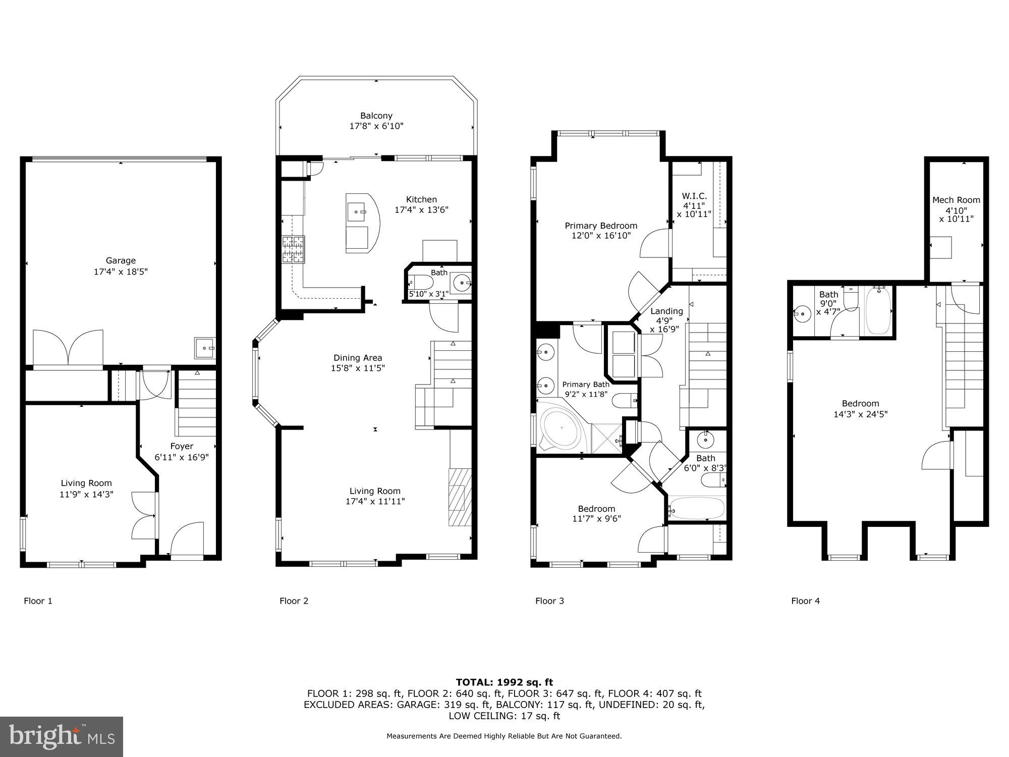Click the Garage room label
click(x=121, y=261)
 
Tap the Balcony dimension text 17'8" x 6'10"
click(x=376, y=126)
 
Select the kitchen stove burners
click(x=294, y=249)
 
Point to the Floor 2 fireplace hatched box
click(x=460, y=497)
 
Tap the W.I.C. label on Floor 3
click(x=694, y=196)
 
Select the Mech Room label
click(x=956, y=200)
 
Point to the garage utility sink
click(x=205, y=348)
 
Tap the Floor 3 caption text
click(x=549, y=601)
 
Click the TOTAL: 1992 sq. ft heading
click(x=504, y=682)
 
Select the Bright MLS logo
click(x=61, y=737)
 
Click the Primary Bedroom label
click(x=601, y=226)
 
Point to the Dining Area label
click(x=358, y=358)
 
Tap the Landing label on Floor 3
click(x=666, y=311)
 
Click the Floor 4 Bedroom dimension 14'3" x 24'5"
click(x=860, y=414)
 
